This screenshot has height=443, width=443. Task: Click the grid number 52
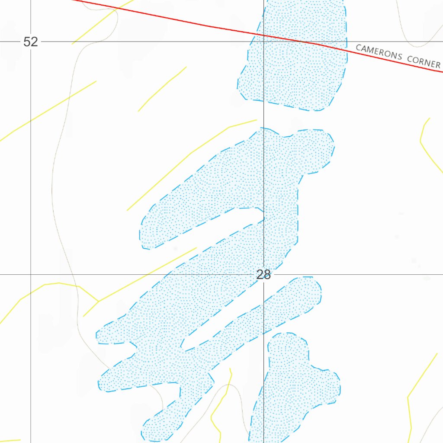tap(31, 42)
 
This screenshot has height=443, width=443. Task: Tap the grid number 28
tap(263, 274)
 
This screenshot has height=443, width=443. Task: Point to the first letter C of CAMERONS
tap(358, 48)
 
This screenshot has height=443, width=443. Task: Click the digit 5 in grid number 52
tap(27, 42)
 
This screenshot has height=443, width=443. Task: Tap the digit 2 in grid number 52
tap(34, 42)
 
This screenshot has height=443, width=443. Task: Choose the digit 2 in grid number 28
tap(260, 274)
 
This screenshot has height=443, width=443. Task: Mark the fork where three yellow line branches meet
tap(99, 301)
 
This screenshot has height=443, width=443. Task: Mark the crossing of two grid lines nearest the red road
tap(264, 42)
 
